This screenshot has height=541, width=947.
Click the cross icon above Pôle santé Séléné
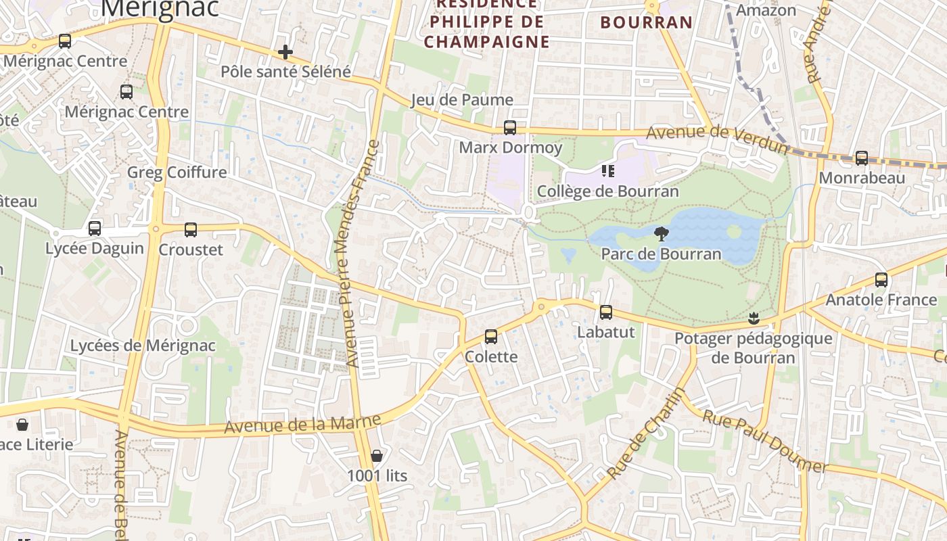click(285, 52)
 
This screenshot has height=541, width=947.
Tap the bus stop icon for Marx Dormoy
click(510, 128)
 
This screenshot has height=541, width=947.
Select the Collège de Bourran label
click(607, 191)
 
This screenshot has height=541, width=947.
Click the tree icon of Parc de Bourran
click(662, 235)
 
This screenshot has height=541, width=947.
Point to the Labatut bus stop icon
click(606, 312)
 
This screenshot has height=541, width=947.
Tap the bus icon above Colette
click(491, 337)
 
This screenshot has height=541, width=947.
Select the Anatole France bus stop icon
click(881, 280)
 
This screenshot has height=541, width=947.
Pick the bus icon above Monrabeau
click(862, 158)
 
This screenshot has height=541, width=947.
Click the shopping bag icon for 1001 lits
click(377, 456)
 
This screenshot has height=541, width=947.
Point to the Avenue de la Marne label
click(302, 424)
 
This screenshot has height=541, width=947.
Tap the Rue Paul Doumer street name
click(764, 441)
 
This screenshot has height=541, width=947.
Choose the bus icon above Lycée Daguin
click(95, 229)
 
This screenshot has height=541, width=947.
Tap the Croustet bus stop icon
click(191, 230)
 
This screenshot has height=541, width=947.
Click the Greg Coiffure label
click(177, 172)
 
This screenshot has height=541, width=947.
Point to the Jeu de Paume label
click(462, 100)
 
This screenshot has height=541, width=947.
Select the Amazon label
click(766, 10)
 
